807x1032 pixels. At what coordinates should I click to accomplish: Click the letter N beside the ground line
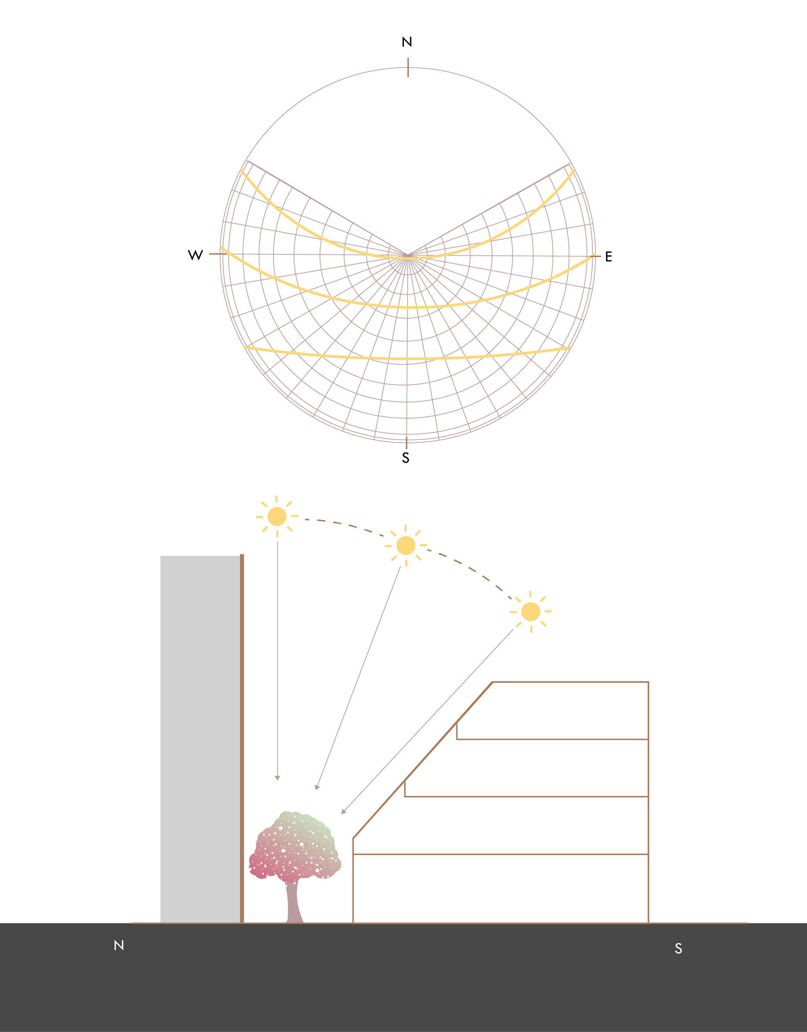[119, 945]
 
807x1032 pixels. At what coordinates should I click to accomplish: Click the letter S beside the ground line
[678, 948]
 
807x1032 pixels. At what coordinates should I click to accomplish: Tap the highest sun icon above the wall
[277, 516]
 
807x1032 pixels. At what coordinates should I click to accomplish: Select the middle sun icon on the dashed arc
[406, 546]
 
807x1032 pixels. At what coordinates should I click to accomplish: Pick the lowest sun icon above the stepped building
[530, 611]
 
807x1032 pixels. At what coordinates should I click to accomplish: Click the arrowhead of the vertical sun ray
[277, 778]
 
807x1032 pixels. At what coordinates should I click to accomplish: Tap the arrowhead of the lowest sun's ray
[344, 812]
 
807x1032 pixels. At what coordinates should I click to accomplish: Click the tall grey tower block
[200, 737]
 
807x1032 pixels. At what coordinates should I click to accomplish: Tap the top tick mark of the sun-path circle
[408, 68]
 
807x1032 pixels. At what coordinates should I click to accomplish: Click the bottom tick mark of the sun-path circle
[406, 443]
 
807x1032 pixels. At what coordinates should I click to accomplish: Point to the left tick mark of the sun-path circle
[215, 254]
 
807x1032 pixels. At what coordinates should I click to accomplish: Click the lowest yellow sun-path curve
[406, 359]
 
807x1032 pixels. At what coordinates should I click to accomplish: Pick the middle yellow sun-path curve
[406, 307]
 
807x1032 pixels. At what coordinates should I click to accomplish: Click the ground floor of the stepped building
[500, 888]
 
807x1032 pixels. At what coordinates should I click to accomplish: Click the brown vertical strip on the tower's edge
[242, 737]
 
